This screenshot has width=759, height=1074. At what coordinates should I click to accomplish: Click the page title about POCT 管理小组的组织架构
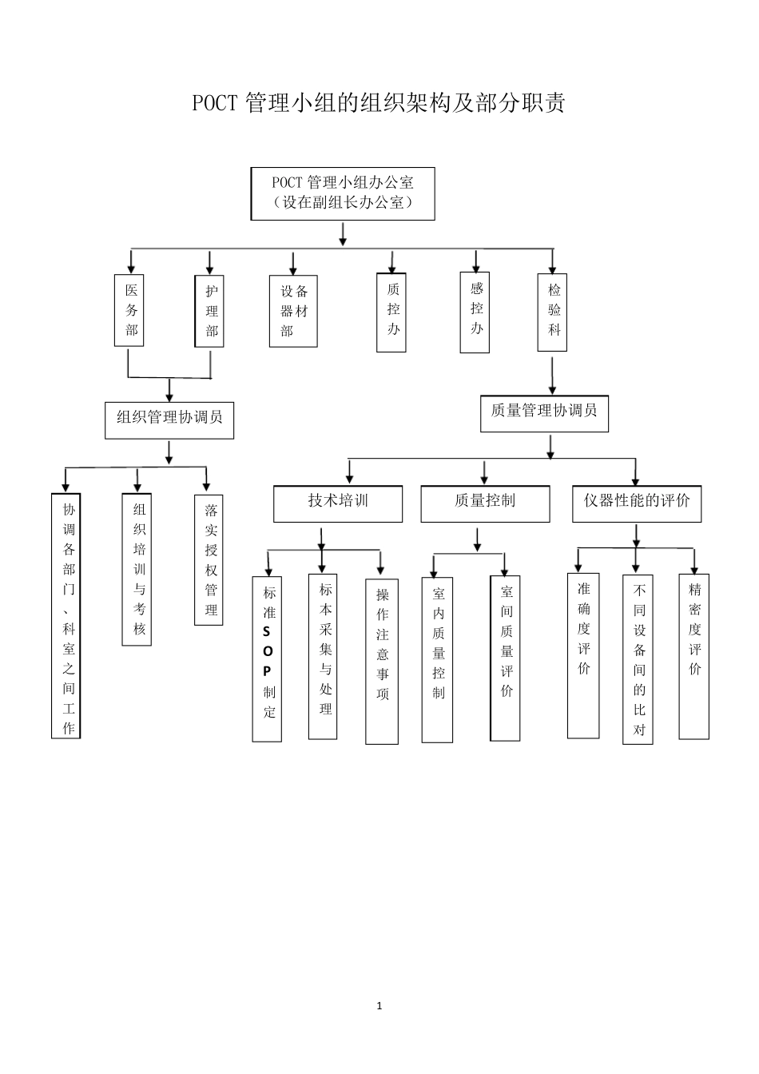coord(379,104)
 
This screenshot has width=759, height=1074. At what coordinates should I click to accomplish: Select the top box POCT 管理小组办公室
coord(343,193)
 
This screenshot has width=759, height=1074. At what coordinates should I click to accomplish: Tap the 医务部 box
coord(131,311)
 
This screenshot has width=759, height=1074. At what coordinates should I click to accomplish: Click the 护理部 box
coord(210,312)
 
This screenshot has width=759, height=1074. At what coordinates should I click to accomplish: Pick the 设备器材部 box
coord(293,312)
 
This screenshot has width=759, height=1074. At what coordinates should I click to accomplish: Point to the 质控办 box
coord(391,312)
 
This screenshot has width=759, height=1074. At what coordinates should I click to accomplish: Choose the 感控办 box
coord(475,312)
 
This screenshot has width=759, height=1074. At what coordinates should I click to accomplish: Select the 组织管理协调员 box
coord(169,420)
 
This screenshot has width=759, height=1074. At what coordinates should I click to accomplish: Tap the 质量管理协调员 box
coord(544,413)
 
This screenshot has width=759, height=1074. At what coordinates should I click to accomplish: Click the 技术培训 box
coord(338,503)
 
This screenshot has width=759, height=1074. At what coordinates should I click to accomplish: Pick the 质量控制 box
coord(485,503)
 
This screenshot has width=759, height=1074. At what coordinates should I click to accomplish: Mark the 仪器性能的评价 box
coord(637,503)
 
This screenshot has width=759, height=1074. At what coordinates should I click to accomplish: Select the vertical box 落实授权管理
coord(209,559)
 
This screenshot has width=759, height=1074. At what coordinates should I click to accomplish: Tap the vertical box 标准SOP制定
coord(268,659)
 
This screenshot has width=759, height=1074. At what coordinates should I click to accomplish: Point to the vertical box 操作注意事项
coord(382,662)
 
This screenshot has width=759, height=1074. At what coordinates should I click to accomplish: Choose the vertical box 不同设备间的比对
coord(638,659)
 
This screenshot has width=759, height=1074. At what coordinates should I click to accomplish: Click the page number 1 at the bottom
coord(379,1005)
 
